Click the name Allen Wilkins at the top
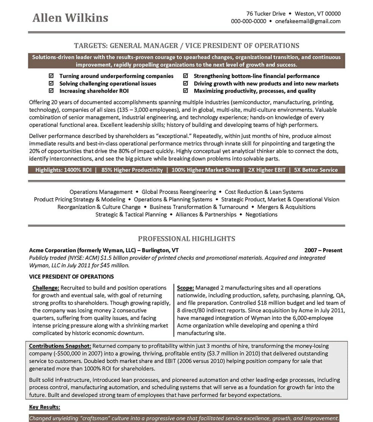(x=70, y=18)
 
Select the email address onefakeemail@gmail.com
(x=308, y=21)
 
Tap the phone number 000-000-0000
(x=248, y=21)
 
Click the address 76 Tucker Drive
(x=266, y=14)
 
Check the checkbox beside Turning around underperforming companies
(x=51, y=76)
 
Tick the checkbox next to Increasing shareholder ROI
(x=51, y=91)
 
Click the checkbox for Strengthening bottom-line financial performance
(x=185, y=76)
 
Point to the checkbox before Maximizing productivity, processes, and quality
(x=185, y=91)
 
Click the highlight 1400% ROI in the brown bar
(x=77, y=170)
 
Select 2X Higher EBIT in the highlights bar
(x=267, y=170)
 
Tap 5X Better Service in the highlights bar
(x=316, y=170)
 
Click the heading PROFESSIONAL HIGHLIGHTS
(x=186, y=239)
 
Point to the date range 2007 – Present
(x=323, y=250)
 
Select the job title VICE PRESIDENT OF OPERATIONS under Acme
(x=71, y=277)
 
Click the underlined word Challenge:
(x=46, y=288)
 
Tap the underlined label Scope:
(x=185, y=288)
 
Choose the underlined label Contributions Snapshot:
(x=60, y=346)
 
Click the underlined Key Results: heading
(x=45, y=407)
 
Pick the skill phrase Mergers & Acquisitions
(x=286, y=207)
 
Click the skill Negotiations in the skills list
(x=261, y=215)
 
